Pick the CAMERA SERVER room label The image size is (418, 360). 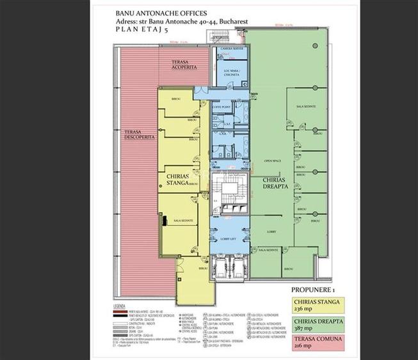(x=229, y=50)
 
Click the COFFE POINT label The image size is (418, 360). (x=221, y=107)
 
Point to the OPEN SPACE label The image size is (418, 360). (x=273, y=160)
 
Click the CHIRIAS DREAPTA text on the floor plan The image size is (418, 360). (x=277, y=184)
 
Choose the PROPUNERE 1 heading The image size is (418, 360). (x=312, y=289)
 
